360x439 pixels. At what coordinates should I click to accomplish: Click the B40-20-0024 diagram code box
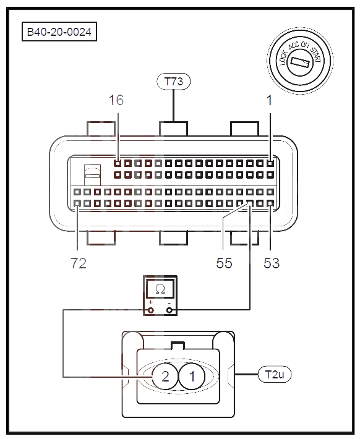click(x=59, y=32)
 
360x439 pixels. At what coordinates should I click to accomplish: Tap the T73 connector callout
click(x=174, y=82)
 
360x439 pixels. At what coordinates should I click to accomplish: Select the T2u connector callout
click(x=275, y=374)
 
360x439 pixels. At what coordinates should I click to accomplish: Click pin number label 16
click(x=116, y=100)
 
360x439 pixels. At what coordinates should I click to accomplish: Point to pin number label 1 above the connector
click(x=269, y=100)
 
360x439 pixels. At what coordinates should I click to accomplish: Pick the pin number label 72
click(x=79, y=263)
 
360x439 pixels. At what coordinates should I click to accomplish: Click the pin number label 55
click(x=224, y=263)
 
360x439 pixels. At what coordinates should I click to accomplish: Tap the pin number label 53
click(x=272, y=263)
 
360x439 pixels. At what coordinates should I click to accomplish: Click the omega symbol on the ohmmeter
click(x=160, y=289)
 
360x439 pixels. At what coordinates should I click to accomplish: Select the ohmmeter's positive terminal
click(x=151, y=310)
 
